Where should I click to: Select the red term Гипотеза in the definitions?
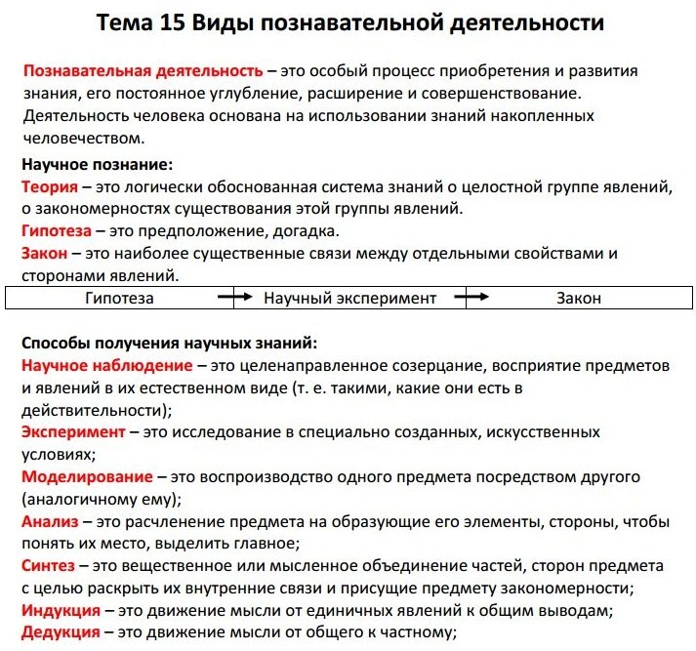(x=57, y=231)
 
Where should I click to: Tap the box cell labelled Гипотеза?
(x=119, y=298)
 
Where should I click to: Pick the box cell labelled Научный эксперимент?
(x=349, y=298)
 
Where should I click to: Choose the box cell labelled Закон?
(x=579, y=298)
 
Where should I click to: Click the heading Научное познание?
(x=97, y=164)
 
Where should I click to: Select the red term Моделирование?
(x=88, y=477)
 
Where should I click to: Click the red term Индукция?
(x=61, y=610)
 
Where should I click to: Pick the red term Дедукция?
(x=61, y=632)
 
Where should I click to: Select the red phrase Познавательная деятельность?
(x=143, y=71)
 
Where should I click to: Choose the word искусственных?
(x=545, y=431)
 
